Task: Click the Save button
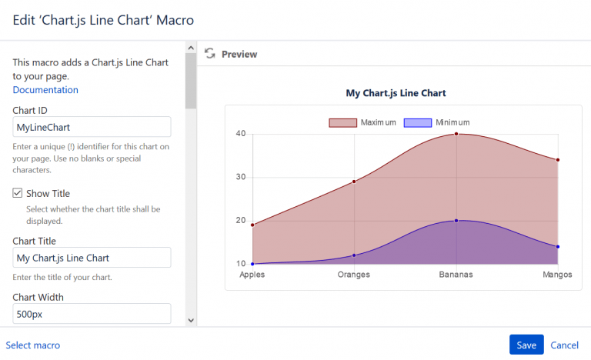coord(526,345)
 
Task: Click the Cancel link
coord(564,345)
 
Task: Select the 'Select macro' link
coord(33,345)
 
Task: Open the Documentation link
coord(45,90)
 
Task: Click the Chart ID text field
coord(92,127)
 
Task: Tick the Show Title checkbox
coord(18,193)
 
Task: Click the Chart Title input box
coord(92,258)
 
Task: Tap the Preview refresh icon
coord(209,54)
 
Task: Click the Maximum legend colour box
coord(342,123)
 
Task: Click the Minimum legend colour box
coord(417,123)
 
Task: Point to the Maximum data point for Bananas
coord(456,134)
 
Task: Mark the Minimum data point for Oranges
coord(354,255)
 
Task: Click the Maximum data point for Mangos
coord(558,160)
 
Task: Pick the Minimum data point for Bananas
coord(456,221)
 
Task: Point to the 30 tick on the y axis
coord(241,177)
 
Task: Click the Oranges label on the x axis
coord(354,275)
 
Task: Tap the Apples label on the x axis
coord(252,275)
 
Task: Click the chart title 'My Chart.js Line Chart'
coord(396,93)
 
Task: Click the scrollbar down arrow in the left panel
coord(191,319)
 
